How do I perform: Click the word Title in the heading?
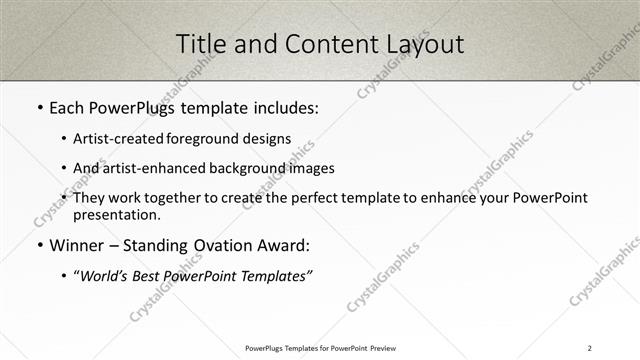pyautogui.click(x=199, y=44)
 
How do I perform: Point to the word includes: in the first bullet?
pyautogui.click(x=281, y=107)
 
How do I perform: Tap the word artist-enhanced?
pyautogui.click(x=145, y=168)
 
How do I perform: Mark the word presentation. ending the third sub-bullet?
pyautogui.click(x=116, y=214)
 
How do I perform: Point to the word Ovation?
pyautogui.click(x=220, y=245)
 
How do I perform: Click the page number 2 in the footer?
pyautogui.click(x=589, y=348)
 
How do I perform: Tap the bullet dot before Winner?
pyautogui.click(x=39, y=246)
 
